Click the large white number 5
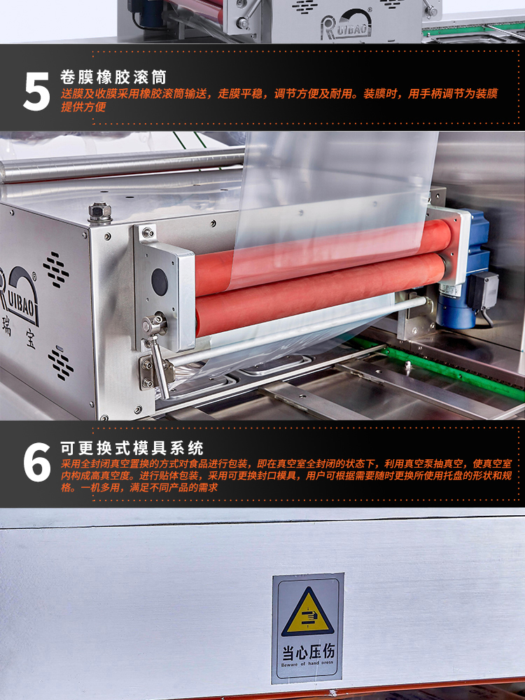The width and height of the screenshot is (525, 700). pyautogui.click(x=36, y=92)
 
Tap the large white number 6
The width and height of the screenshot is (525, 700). pyautogui.click(x=37, y=462)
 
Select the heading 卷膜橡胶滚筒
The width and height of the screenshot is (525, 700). pyautogui.click(x=113, y=77)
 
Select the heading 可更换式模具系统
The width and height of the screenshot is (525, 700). pyautogui.click(x=132, y=448)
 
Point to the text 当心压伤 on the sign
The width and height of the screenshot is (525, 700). pyautogui.click(x=307, y=652)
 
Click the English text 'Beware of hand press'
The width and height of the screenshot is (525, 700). pyautogui.click(x=307, y=664)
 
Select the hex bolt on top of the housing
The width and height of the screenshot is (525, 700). pyautogui.click(x=100, y=212)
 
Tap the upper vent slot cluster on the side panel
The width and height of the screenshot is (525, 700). pyautogui.click(x=56, y=269)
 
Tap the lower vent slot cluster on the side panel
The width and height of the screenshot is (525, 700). pyautogui.click(x=61, y=363)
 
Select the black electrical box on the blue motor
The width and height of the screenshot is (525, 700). pyautogui.click(x=484, y=290)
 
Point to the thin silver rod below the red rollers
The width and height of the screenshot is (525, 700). pyautogui.click(x=295, y=331)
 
